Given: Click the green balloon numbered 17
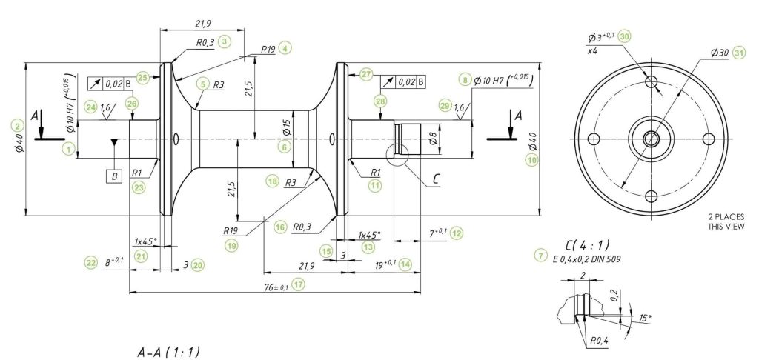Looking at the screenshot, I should [x=299, y=284].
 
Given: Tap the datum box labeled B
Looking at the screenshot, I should [x=114, y=177].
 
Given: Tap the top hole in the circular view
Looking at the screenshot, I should [x=652, y=81].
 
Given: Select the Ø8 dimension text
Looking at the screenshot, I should [x=432, y=136].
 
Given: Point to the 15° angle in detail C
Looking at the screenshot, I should [x=645, y=318].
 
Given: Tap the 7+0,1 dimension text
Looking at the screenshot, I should [x=436, y=233].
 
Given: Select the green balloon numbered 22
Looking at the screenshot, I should [x=91, y=262].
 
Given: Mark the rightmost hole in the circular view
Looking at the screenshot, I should [x=708, y=139].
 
